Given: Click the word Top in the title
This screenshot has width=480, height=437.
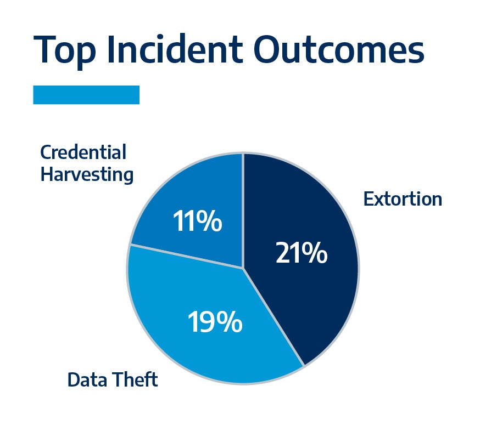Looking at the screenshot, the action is [64, 50].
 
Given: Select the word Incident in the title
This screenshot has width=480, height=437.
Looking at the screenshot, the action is [175, 48].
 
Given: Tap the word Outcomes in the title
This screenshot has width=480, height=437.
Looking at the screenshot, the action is [339, 49].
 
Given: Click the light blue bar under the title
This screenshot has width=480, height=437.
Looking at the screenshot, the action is [86, 95].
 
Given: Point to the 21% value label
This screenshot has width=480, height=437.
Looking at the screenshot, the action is [302, 253].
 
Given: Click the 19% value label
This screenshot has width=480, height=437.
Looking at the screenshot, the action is [215, 322].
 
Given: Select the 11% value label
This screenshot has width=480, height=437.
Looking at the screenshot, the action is [198, 221].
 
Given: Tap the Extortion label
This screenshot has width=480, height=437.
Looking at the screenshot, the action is [403, 199].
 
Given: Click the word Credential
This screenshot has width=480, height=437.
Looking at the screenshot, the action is [83, 152].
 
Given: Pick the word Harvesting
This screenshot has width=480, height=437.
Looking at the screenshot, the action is [87, 174].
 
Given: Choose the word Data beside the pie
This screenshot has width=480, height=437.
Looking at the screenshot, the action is [87, 380].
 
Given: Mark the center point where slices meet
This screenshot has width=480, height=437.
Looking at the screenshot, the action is [243, 268].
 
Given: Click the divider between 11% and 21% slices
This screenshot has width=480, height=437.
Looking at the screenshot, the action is [243, 211].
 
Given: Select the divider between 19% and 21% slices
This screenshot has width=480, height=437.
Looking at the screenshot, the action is [274, 317].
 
